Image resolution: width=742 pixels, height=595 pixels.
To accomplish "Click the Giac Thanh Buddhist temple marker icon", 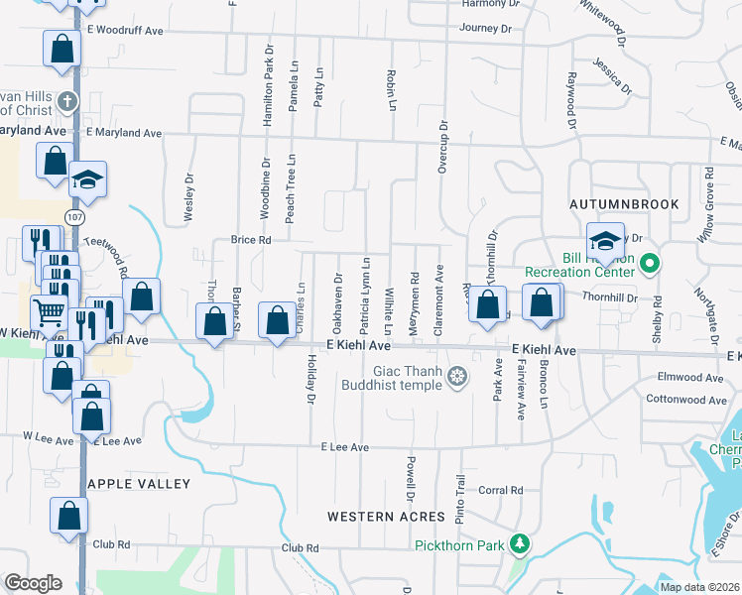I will pyautogui.click(x=456, y=376).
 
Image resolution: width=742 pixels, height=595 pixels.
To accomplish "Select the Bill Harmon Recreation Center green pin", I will pyautogui.click(x=650, y=264).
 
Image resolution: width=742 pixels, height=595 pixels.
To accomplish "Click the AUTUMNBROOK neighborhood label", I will pyautogui.click(x=625, y=204).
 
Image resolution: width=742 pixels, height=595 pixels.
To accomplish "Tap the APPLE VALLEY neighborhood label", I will pyautogui.click(x=138, y=484).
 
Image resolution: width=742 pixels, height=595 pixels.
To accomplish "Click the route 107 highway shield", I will pyautogui.click(x=76, y=215).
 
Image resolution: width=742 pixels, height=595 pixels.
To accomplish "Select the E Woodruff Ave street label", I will pyautogui.click(x=125, y=31).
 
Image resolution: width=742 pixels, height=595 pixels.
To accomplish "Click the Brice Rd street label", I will pyautogui.click(x=250, y=240).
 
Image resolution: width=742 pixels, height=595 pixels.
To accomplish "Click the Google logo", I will pyautogui.click(x=33, y=583).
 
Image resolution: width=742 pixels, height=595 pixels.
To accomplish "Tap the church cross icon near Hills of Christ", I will pyautogui.click(x=66, y=100).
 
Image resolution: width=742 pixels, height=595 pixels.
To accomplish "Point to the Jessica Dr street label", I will pyautogui.click(x=612, y=75).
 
